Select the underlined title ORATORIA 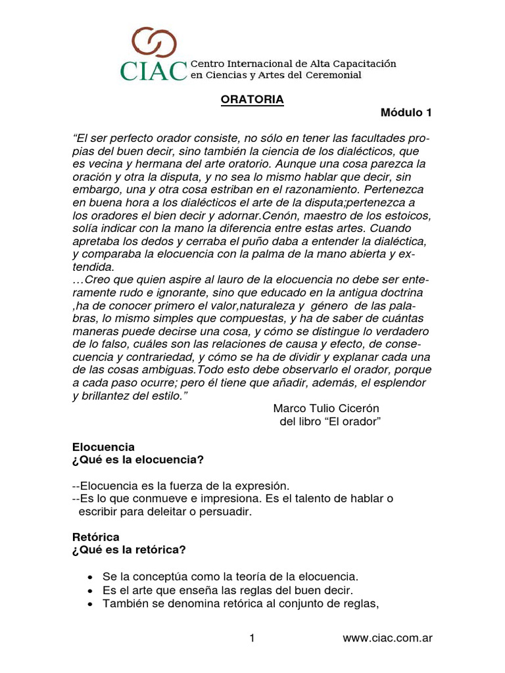coord(251,100)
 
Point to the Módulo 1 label coord(406,113)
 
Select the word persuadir coord(227,511)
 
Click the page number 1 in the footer coord(252,638)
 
